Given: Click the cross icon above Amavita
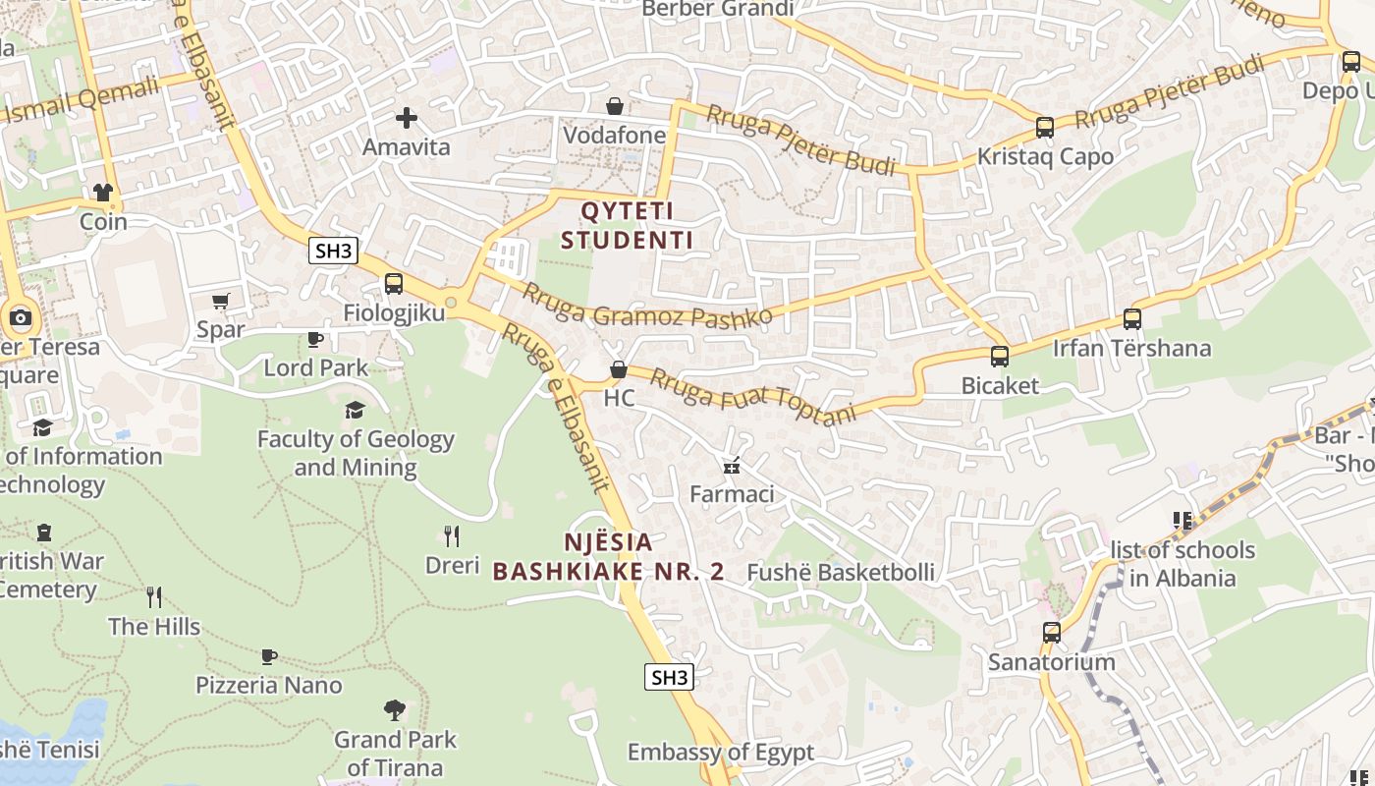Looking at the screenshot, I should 407,119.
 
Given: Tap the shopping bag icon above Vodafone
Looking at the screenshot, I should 615,105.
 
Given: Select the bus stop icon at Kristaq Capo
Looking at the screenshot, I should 1045,128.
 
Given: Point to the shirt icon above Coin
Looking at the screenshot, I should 103,192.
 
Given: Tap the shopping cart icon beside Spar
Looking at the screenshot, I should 220,301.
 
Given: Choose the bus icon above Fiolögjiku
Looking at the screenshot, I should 394,284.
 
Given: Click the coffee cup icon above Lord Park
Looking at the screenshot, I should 315,339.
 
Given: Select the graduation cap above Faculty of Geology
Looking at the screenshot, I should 355,410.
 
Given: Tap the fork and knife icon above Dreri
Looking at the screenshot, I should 452,535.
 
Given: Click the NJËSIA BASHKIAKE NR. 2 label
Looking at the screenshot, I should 608,556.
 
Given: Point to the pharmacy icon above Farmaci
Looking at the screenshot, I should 731,465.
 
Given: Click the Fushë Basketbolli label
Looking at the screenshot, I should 841,572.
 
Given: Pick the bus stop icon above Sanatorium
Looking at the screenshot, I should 1052,632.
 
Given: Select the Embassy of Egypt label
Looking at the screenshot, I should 720,753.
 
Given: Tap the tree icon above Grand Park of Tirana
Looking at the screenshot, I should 395,709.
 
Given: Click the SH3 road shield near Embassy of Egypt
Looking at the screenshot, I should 669,677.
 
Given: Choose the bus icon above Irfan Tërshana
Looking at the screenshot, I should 1132,319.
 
